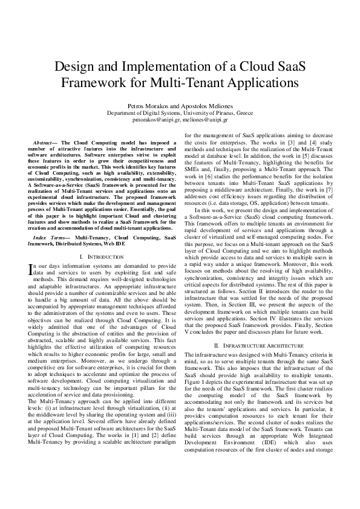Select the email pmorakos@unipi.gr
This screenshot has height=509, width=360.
pos(154,120)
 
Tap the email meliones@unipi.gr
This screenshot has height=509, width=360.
pos(204,120)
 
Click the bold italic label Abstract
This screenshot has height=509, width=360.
pos(45,143)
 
